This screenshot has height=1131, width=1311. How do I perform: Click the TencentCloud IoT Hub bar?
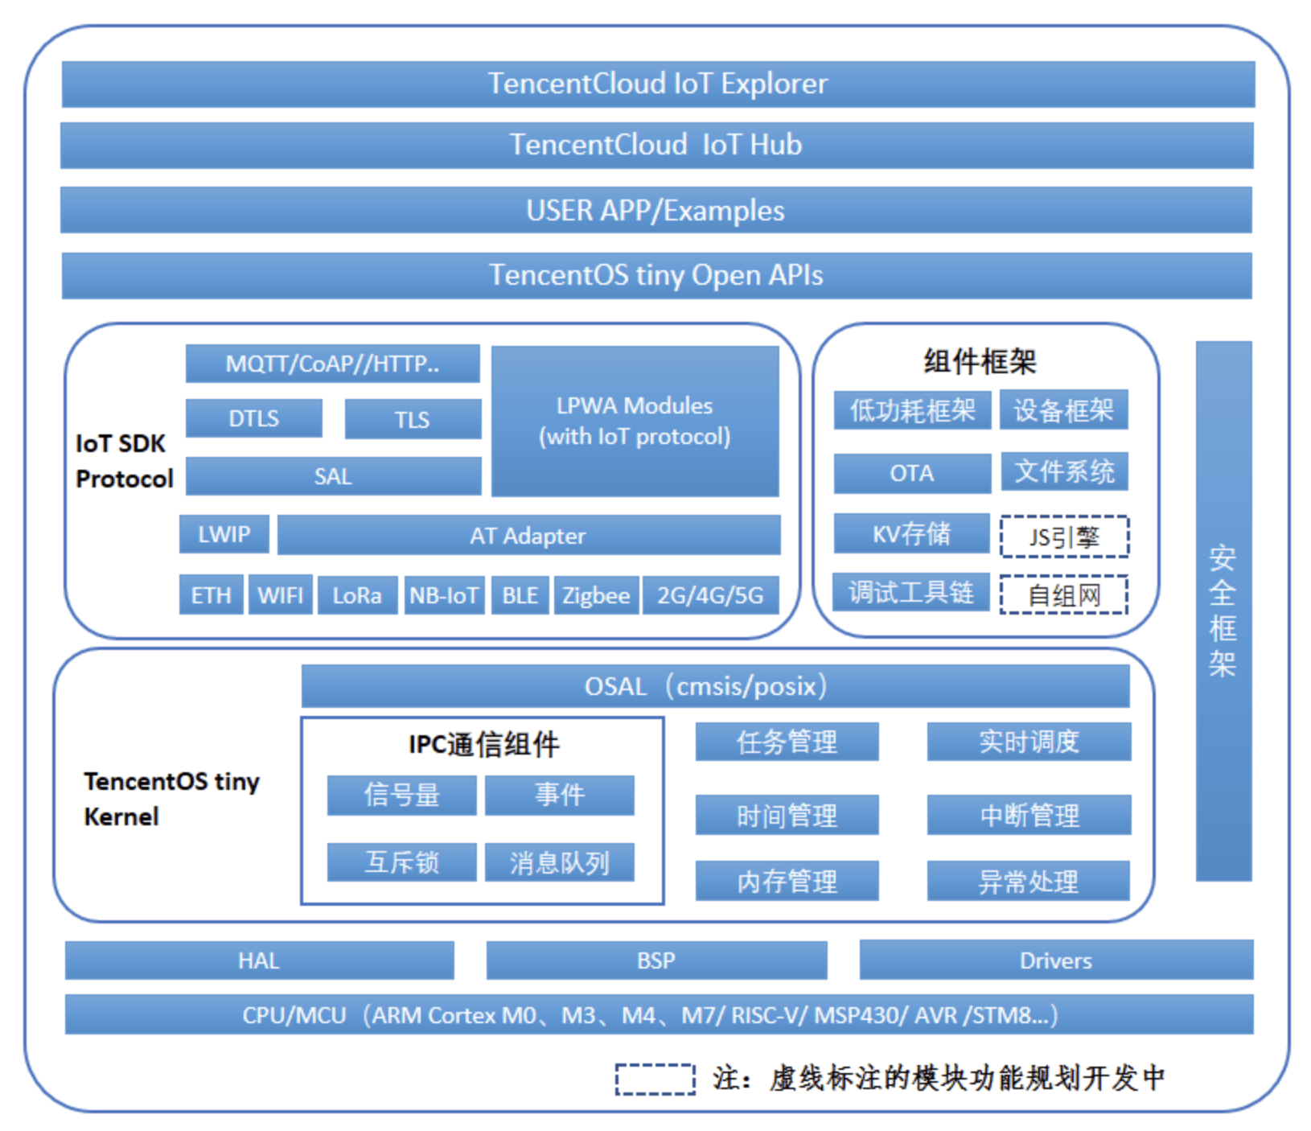pyautogui.click(x=656, y=145)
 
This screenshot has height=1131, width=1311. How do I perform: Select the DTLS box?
pyautogui.click(x=253, y=418)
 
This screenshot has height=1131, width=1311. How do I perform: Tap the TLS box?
pyautogui.click(x=413, y=419)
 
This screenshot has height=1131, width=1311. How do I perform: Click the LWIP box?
pyautogui.click(x=224, y=534)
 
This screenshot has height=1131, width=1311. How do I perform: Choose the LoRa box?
pyautogui.click(x=357, y=595)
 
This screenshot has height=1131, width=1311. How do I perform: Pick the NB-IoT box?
pyautogui.click(x=444, y=595)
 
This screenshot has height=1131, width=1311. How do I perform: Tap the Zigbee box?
pyautogui.click(x=596, y=595)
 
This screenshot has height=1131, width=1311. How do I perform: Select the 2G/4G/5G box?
pyautogui.click(x=711, y=595)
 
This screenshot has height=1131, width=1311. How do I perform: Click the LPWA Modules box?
pyautogui.click(x=635, y=421)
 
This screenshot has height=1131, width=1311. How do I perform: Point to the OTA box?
pyautogui.click(x=912, y=473)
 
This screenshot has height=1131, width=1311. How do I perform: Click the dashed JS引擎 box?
pyautogui.click(x=1065, y=537)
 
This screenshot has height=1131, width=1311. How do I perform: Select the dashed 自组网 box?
pyautogui.click(x=1064, y=594)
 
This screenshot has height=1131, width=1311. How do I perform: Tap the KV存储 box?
pyautogui.click(x=912, y=533)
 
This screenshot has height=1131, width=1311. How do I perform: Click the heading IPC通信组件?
pyautogui.click(x=483, y=744)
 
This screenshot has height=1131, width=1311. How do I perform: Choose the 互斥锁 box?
pyautogui.click(x=401, y=862)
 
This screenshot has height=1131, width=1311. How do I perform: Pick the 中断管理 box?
pyautogui.click(x=1029, y=816)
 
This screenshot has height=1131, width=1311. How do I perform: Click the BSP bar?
pyautogui.click(x=656, y=960)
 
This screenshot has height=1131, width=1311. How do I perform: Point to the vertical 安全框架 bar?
pyautogui.click(x=1223, y=611)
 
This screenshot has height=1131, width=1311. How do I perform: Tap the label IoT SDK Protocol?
pyautogui.click(x=124, y=461)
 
